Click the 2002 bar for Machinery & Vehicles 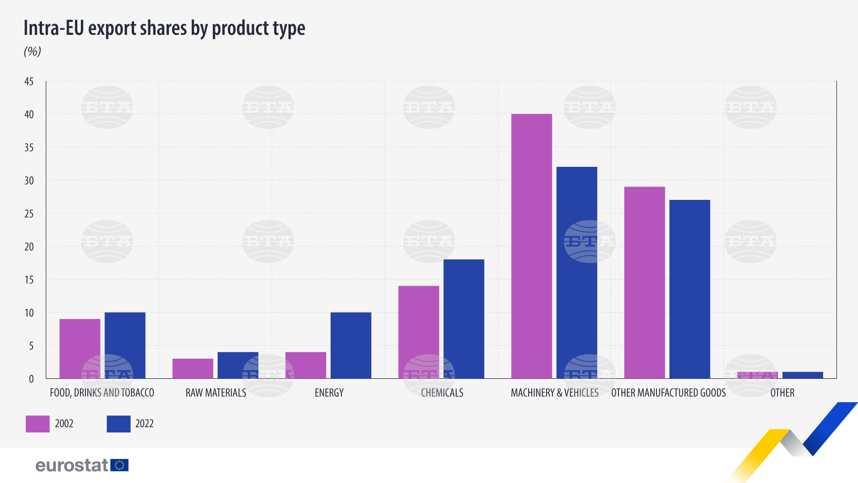531,246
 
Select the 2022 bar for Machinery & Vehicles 576,273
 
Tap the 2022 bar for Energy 351,345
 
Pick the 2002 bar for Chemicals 418,332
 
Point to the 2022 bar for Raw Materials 238,365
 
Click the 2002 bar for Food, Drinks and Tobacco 80,348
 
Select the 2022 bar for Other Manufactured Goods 690,289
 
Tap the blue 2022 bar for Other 803,375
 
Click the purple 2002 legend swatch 38,424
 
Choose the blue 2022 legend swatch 118,424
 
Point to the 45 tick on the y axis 29,81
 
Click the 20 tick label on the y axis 29,247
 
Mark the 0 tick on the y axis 31,379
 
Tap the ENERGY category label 329,393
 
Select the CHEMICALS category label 442,393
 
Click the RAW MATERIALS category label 216,393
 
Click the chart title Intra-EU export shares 164,28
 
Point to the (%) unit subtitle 32,51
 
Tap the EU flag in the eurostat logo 119,465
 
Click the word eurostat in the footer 71,466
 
